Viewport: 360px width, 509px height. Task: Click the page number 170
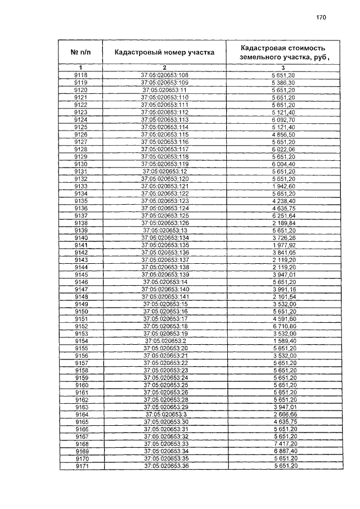click(x=321, y=17)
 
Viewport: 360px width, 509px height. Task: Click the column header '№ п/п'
click(x=80, y=53)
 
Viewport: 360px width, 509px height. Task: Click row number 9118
click(x=80, y=75)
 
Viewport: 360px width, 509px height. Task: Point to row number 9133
click(x=80, y=186)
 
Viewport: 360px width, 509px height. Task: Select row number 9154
click(x=80, y=341)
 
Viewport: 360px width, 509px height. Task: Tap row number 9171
click(x=80, y=466)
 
